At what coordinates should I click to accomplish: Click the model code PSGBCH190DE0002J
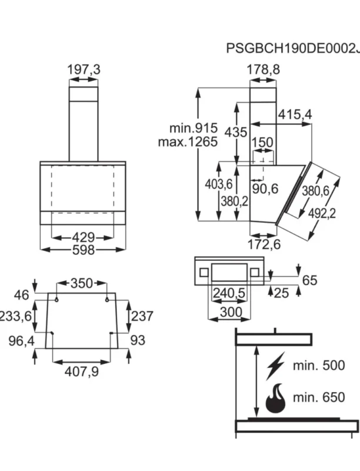pyautogui.click(x=293, y=48)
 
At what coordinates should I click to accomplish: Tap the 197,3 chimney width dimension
pyautogui.click(x=84, y=69)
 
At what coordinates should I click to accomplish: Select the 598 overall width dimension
pyautogui.click(x=84, y=250)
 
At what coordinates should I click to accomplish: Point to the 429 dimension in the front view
pyautogui.click(x=84, y=238)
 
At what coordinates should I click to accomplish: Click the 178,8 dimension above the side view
pyautogui.click(x=263, y=69)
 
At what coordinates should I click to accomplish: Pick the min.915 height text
pyautogui.click(x=194, y=128)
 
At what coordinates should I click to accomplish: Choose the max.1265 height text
pyautogui.click(x=188, y=141)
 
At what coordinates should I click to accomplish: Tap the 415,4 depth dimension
pyautogui.click(x=295, y=114)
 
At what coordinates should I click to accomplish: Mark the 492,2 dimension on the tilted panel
pyautogui.click(x=322, y=213)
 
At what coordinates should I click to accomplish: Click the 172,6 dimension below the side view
pyautogui.click(x=264, y=244)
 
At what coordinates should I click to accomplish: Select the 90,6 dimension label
pyautogui.click(x=265, y=189)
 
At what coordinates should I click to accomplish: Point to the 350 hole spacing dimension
pyautogui.click(x=82, y=283)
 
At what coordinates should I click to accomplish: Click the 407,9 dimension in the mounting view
pyautogui.click(x=82, y=372)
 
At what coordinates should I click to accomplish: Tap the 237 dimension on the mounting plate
pyautogui.click(x=142, y=316)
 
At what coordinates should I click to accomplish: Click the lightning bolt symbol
pyautogui.click(x=275, y=366)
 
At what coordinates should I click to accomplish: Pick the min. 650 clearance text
pyautogui.click(x=319, y=397)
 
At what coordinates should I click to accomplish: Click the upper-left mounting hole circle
pyautogui.click(x=56, y=300)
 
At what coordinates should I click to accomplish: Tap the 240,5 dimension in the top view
pyautogui.click(x=229, y=293)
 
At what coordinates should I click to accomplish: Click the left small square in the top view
pyautogui.click(x=204, y=273)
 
